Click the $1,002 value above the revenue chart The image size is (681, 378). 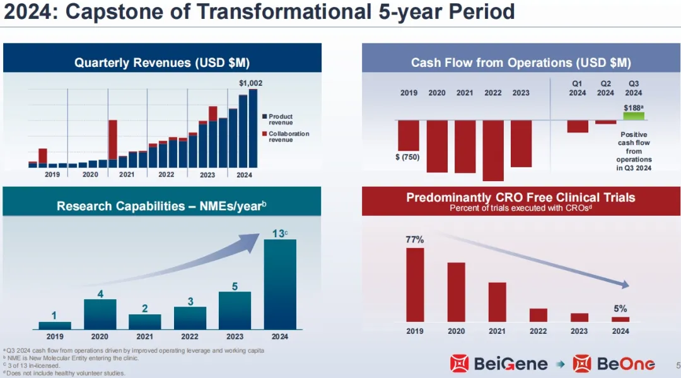click(250, 83)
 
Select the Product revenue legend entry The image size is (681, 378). click(280, 119)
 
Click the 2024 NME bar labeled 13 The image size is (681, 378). click(279, 284)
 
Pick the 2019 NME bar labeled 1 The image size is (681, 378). click(55, 325)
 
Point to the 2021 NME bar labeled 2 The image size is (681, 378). click(144, 321)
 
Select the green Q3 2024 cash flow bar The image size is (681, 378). click(633, 116)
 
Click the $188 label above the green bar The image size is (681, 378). click(632, 108)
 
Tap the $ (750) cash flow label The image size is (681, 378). click(407, 157)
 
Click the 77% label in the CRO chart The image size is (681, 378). click(414, 240)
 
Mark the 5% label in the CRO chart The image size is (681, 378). click(620, 309)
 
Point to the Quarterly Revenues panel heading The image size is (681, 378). click(162, 62)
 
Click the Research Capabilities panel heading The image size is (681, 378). click(162, 206)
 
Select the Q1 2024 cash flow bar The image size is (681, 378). click(577, 126)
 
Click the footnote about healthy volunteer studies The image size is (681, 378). click(66, 373)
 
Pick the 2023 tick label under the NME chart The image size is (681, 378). click(235, 336)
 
